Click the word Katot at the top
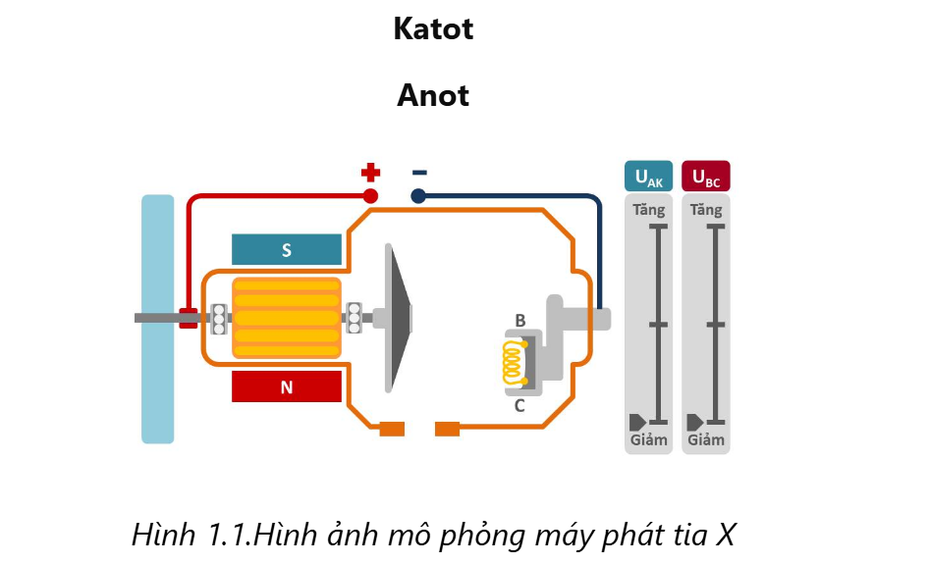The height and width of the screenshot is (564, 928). (433, 29)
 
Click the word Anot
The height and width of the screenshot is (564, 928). (433, 96)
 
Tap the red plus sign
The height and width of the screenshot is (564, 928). (370, 174)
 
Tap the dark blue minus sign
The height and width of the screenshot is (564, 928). (419, 173)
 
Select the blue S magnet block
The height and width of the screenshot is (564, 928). (287, 250)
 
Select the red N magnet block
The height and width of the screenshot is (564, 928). (287, 387)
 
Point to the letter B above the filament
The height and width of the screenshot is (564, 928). (520, 321)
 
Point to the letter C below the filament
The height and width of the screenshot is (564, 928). (519, 404)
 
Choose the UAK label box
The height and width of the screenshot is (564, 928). (649, 177)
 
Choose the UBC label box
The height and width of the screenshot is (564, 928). (706, 177)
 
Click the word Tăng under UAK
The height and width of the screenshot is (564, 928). (649, 210)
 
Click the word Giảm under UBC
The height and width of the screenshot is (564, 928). (706, 439)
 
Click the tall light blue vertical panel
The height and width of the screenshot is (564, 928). (157, 319)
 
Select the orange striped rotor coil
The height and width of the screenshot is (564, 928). (287, 318)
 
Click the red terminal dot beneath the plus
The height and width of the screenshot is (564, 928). (370, 196)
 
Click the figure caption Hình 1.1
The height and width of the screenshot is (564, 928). (433, 535)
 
